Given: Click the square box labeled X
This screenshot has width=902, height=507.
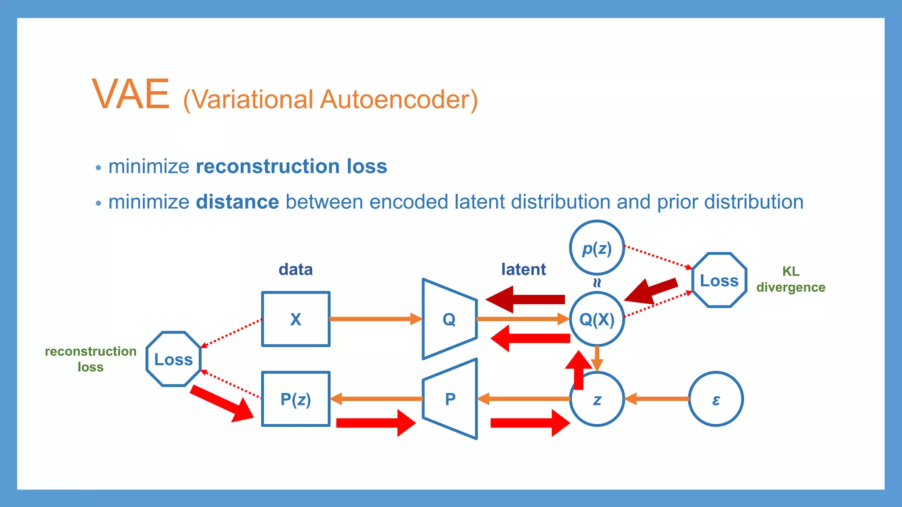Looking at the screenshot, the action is tap(296, 319).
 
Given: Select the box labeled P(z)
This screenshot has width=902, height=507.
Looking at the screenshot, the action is tap(296, 399).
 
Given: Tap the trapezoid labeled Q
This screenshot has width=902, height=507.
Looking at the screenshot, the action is tap(449, 319).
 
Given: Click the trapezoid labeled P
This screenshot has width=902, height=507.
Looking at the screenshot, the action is tap(450, 399).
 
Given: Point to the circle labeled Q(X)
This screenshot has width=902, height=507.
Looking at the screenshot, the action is tap(596, 319).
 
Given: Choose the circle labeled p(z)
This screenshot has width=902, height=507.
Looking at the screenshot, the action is tap(597, 248).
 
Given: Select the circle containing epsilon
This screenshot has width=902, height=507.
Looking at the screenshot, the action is tap(716, 399).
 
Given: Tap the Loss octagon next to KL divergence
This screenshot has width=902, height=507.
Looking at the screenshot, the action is tap(719, 280).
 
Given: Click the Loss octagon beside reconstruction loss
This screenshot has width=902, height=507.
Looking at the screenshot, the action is tap(174, 359).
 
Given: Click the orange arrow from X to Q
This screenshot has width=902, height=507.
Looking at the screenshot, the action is tap(375, 319).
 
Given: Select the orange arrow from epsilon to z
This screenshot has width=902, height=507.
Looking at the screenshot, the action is tap(657, 399).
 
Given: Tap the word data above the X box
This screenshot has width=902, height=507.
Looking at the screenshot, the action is tap(296, 269).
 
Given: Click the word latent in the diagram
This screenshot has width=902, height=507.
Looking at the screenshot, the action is tap(523, 269).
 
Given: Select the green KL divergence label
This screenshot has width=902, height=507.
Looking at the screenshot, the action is tap(791, 279).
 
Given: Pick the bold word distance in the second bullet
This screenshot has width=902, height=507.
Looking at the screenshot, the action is tap(237, 202).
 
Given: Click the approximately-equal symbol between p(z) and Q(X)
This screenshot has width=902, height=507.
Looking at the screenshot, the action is tap(597, 283).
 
